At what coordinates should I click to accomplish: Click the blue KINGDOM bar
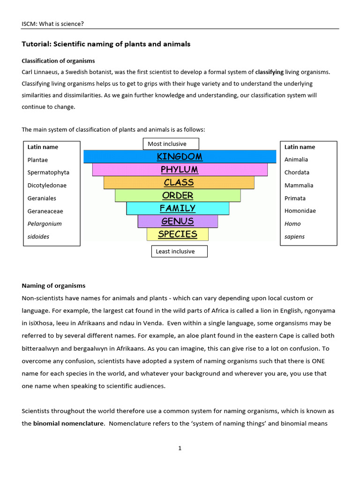coord(180,157)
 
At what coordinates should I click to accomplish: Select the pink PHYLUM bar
coord(180,169)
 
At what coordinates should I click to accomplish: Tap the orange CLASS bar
coord(179,182)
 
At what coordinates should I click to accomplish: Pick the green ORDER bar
coord(178,195)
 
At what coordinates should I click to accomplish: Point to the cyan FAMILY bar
coord(178,208)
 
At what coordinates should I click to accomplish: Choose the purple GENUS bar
coord(178,221)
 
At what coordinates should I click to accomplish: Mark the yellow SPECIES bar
coord(178,234)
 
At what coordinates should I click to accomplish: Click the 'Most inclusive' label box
coord(171,144)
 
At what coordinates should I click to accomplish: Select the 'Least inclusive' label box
coord(179,251)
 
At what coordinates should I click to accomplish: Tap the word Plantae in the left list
coord(37,159)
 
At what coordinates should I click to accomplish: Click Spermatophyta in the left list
coord(48,172)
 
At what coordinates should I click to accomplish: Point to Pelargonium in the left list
coord(45,224)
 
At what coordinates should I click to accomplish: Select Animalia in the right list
coord(296,159)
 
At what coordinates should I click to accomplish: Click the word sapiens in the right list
coord(294,237)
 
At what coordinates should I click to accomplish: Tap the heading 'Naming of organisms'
coord(53,285)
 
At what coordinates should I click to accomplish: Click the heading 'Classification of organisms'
coord(58,61)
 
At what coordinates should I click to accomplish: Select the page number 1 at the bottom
coord(180,448)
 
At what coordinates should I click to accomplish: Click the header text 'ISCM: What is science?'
coord(53,23)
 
